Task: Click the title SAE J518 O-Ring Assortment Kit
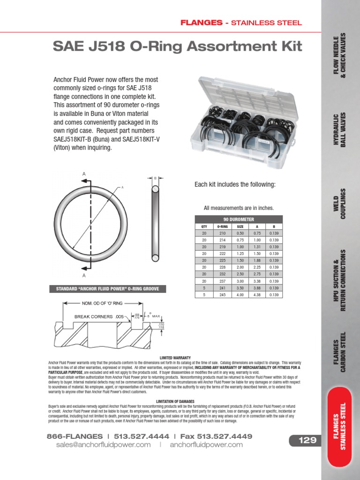(178, 46)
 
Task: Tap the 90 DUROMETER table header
(239, 219)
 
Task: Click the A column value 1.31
(257, 247)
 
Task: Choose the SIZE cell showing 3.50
(240, 288)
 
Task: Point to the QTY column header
(204, 226)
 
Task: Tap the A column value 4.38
(257, 295)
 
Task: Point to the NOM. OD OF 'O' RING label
(102, 304)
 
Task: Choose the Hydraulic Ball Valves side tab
(339, 130)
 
